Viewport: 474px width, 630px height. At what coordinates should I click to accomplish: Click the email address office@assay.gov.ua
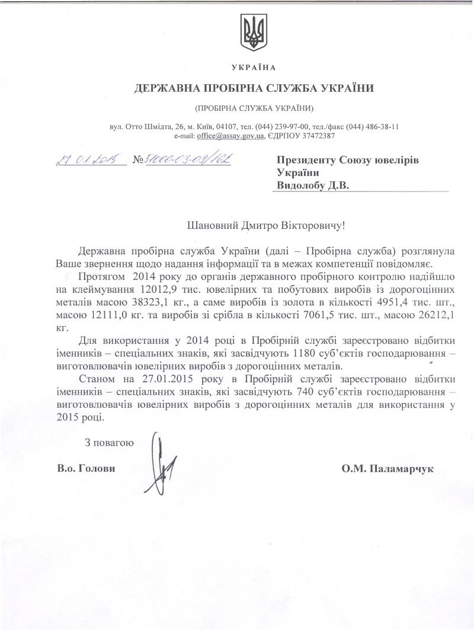click(232, 136)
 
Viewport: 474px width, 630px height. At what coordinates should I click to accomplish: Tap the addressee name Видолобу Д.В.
click(313, 186)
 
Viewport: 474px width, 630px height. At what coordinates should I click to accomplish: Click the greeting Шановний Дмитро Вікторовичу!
click(265, 225)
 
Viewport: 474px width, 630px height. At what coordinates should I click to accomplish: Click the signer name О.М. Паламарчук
click(388, 468)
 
